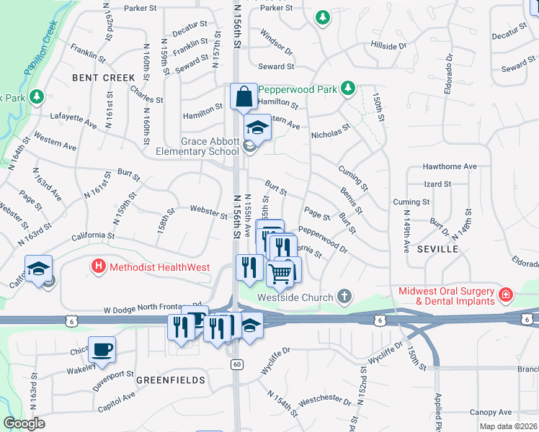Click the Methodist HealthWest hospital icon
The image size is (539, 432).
pos(99,267)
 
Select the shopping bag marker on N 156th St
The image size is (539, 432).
pos(244,96)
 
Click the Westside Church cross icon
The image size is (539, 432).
pos(345,297)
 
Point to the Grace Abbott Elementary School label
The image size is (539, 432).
pos(198,146)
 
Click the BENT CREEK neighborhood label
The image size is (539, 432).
pos(104,77)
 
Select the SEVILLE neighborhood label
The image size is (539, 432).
pos(437,248)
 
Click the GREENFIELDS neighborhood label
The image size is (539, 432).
pos(171,379)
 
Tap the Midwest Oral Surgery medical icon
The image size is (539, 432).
pos(506,294)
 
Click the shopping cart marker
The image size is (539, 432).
pos(280,273)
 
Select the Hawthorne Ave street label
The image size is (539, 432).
pos(450,166)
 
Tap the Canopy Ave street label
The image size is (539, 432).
pos(491,413)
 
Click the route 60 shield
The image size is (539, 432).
pos(236,364)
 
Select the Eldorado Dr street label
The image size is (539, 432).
pos(449,68)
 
